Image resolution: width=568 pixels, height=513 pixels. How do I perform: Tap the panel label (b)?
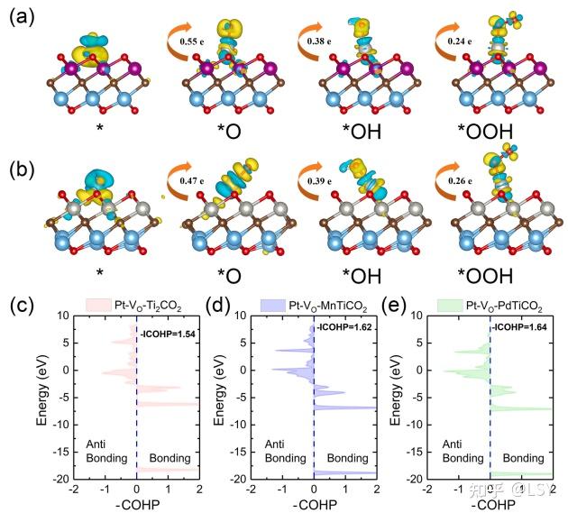click(x=22, y=168)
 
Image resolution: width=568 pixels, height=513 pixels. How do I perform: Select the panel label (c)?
click(x=23, y=306)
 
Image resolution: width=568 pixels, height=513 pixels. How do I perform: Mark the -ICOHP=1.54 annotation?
click(x=169, y=334)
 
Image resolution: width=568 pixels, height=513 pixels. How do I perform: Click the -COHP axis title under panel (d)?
click(x=313, y=502)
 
